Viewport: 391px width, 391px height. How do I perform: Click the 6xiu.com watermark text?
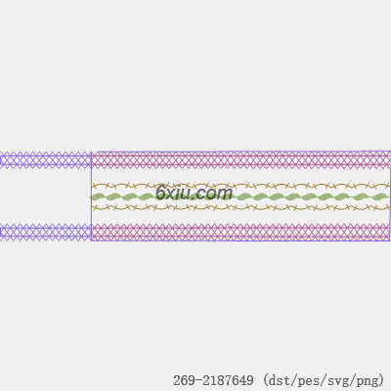tap(195, 193)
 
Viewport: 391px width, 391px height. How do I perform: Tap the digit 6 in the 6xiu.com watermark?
tap(160, 193)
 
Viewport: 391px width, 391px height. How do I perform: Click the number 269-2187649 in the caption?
tap(213, 380)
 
